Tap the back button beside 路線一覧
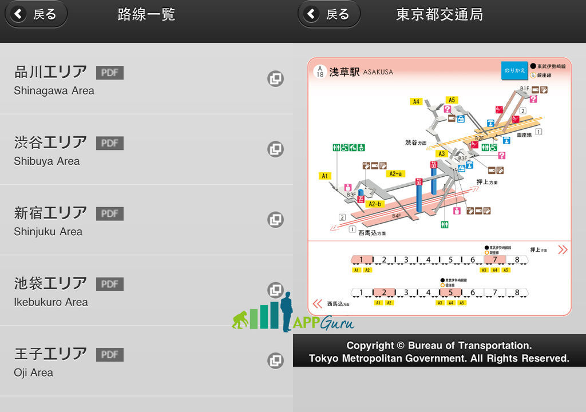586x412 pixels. pos(35,14)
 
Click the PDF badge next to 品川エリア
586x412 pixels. pos(109,73)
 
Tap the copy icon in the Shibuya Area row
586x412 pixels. pos(276,149)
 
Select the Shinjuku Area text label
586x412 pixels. pos(48,232)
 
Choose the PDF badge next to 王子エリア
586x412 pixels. pos(109,355)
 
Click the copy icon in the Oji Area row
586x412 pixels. pos(276,360)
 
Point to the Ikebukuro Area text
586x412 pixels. pos(51,302)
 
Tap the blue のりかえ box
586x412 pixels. pos(514,70)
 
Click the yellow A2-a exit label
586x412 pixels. pos(395,173)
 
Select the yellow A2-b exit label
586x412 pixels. pos(375,204)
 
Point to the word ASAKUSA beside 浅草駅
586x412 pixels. pos(378,72)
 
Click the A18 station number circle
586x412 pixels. pos(320,71)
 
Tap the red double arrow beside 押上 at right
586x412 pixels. pos(563,249)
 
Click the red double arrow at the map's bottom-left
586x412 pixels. pos(317,304)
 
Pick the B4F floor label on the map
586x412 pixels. pos(397,216)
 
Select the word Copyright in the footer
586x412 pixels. pos(370,346)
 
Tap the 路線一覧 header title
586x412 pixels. pos(146,14)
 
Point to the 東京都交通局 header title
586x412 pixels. pos(439,14)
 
